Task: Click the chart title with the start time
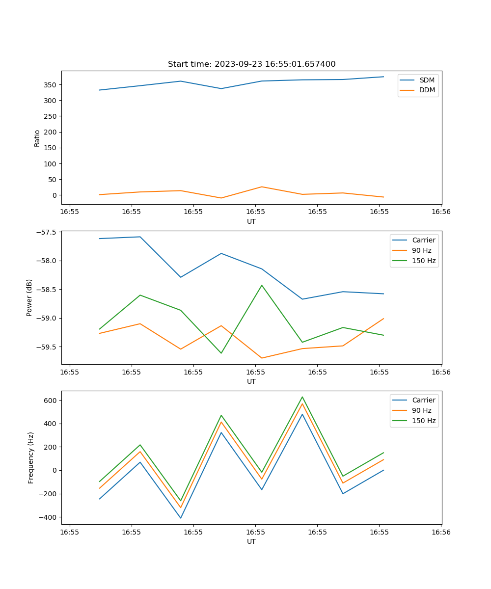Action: click(251, 64)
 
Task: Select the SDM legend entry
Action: click(427, 80)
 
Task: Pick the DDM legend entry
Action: click(427, 90)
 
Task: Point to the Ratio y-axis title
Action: click(37, 138)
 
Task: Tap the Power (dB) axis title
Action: click(29, 297)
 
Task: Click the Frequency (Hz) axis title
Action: click(31, 457)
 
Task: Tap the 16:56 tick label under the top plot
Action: click(440, 212)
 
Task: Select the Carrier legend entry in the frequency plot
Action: click(424, 400)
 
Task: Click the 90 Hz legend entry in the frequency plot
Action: click(422, 410)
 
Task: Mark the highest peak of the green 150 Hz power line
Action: click(262, 285)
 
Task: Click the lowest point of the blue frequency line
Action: click(181, 518)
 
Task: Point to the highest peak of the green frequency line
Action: click(302, 397)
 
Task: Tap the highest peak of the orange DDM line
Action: click(262, 187)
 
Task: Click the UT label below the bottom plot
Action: click(251, 541)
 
